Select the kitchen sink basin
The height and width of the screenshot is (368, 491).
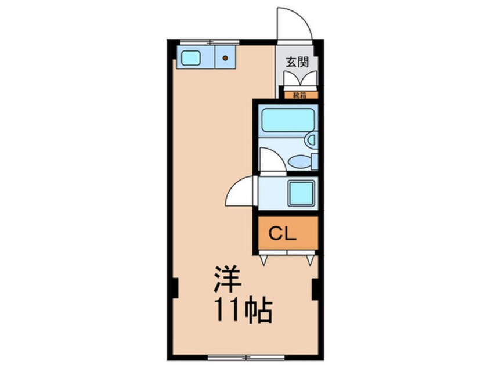tap(191, 57)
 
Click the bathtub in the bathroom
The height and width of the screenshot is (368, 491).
tap(287, 120)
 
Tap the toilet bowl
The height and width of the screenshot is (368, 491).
tap(301, 161)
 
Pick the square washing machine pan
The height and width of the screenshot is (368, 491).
tap(302, 193)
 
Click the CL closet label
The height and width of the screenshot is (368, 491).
tap(283, 234)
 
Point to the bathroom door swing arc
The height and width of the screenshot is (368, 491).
tap(272, 160)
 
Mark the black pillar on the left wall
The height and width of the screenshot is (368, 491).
tap(173, 288)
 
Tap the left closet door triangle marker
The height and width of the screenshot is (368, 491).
tap(263, 261)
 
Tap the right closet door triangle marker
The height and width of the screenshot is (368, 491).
tap(310, 261)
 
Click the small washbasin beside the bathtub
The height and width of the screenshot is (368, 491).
tap(311, 140)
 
